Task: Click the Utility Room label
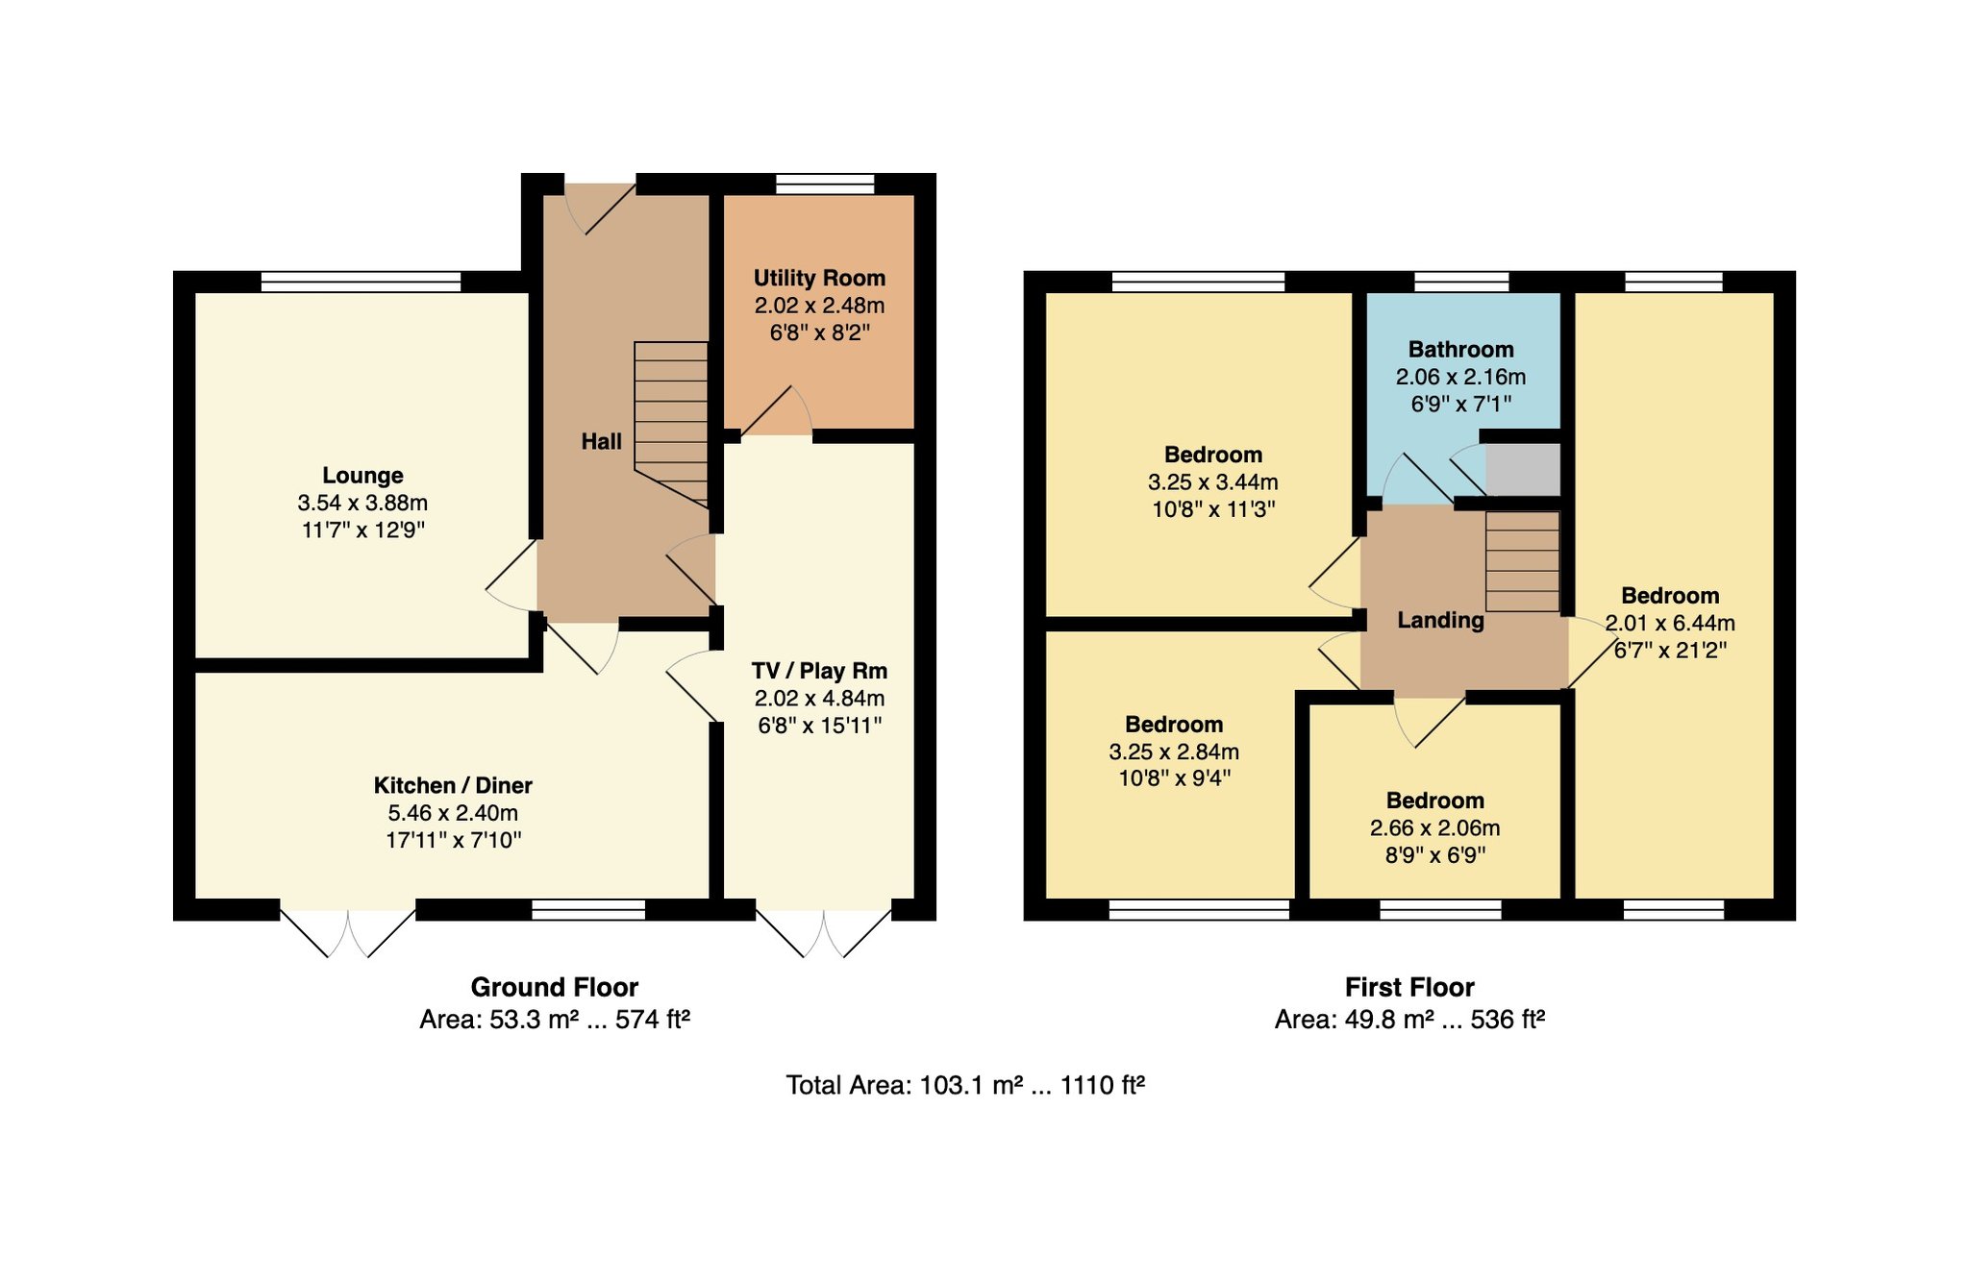point(819,278)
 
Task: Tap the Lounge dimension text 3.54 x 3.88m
point(362,503)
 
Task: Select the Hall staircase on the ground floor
point(671,424)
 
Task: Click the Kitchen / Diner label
point(453,785)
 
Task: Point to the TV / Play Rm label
point(819,671)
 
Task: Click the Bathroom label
point(1460,350)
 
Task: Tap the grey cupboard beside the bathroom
point(1523,470)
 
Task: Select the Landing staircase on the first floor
point(1523,561)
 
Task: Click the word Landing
point(1440,621)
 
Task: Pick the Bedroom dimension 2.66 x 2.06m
point(1434,828)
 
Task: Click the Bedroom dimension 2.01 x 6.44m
point(1670,623)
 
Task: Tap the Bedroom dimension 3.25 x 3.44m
point(1213,482)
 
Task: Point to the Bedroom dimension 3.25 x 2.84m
point(1174,752)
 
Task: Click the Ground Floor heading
point(555,987)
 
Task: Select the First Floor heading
point(1409,987)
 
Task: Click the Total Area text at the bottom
point(965,1085)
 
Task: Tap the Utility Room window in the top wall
point(825,185)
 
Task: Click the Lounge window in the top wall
point(361,282)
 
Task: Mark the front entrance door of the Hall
point(600,204)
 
